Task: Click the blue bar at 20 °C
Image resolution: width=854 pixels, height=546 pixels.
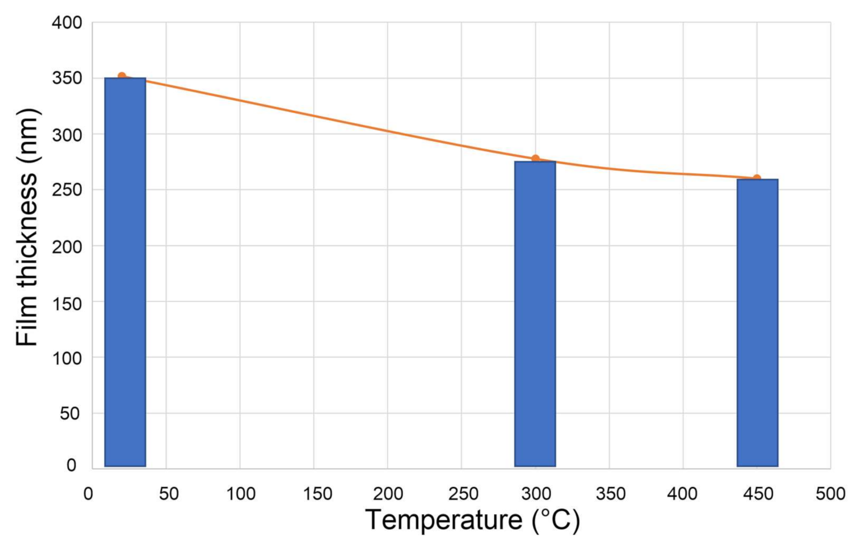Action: click(x=125, y=272)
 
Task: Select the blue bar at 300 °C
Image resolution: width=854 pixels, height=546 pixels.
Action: click(x=535, y=314)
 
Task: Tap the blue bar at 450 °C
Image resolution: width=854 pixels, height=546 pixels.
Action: click(x=757, y=322)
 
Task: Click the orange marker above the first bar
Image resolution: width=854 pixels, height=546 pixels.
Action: click(x=122, y=76)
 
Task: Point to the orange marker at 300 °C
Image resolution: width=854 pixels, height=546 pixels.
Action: click(x=535, y=159)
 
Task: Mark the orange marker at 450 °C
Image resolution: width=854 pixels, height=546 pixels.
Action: click(x=756, y=179)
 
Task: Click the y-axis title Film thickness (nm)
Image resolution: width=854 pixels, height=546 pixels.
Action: click(x=27, y=227)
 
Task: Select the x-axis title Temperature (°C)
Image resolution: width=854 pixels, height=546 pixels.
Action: click(x=472, y=520)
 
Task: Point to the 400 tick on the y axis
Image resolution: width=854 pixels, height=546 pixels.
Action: click(x=67, y=23)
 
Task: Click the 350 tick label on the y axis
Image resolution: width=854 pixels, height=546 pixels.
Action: click(x=67, y=78)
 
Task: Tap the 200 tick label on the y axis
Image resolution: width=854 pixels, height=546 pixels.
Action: click(x=67, y=246)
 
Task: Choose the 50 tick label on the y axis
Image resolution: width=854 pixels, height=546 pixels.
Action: click(x=70, y=414)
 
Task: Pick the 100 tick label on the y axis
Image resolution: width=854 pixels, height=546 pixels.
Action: click(x=67, y=358)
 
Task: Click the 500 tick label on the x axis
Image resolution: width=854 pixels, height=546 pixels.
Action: click(x=830, y=494)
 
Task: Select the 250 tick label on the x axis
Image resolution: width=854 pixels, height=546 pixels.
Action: click(x=463, y=494)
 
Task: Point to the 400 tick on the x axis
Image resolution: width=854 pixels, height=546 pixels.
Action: click(x=682, y=494)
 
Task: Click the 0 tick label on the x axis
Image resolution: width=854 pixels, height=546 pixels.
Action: click(x=89, y=494)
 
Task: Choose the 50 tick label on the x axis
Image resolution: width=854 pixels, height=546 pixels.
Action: click(x=168, y=494)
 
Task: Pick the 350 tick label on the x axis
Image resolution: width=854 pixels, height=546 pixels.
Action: click(x=610, y=494)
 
